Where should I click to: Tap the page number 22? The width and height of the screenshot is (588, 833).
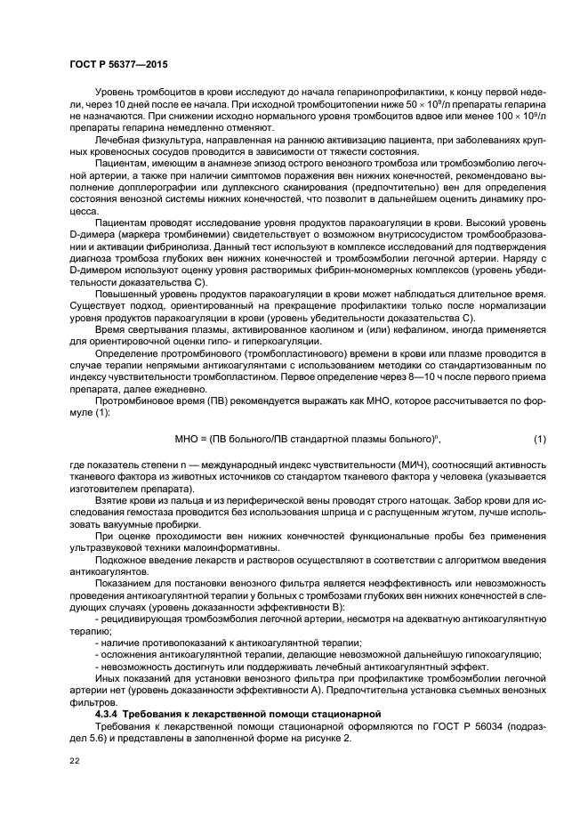(x=75, y=758)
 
